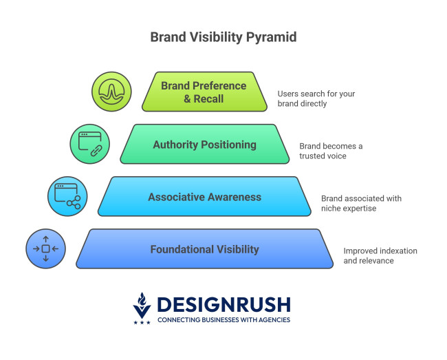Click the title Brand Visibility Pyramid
[223, 37]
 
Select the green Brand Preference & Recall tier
[204, 92]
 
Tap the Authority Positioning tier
[204, 145]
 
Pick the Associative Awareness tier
[204, 197]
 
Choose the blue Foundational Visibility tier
[204, 249]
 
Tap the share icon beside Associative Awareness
[67, 196]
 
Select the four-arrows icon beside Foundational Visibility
[45, 248]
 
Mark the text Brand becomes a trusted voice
[331, 151]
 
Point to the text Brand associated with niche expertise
[361, 203]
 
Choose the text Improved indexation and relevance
[380, 255]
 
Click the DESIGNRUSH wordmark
[223, 304]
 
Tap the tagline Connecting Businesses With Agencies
[223, 320]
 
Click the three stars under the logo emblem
[141, 322]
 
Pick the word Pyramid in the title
[271, 37]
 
